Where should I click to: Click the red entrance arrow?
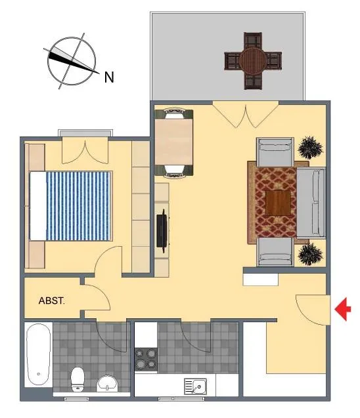point(343,309)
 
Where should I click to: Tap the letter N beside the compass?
point(109,77)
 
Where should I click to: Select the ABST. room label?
point(51,301)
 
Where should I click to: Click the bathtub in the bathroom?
point(39,354)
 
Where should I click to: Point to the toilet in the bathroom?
point(78,379)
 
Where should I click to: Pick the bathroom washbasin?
point(107,383)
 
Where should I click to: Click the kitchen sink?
point(195,387)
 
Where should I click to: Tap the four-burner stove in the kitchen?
point(146,360)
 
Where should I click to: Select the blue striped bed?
point(71,206)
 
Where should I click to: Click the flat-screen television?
point(162,231)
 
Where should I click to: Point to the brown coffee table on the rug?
point(278,203)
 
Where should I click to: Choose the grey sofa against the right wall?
point(311,203)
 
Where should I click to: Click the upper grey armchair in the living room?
point(275,152)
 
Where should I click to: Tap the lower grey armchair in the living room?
point(275,252)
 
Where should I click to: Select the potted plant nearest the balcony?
point(310,148)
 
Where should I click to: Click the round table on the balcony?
point(253,61)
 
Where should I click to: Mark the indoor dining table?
point(173,142)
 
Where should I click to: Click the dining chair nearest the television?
point(174,171)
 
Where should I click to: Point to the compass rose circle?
point(72,61)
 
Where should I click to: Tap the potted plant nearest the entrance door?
point(310,254)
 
